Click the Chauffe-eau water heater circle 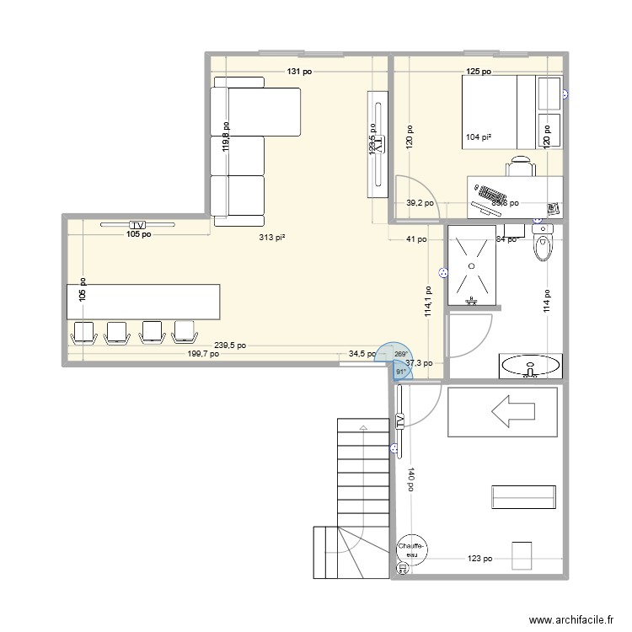(412, 549)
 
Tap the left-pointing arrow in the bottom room (513, 413)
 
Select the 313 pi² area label (272, 238)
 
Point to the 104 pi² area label (478, 137)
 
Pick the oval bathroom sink (529, 366)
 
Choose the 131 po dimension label (298, 72)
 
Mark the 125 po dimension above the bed (479, 72)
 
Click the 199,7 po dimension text (202, 355)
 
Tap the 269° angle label (400, 354)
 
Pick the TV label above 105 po (137, 225)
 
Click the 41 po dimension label (416, 239)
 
